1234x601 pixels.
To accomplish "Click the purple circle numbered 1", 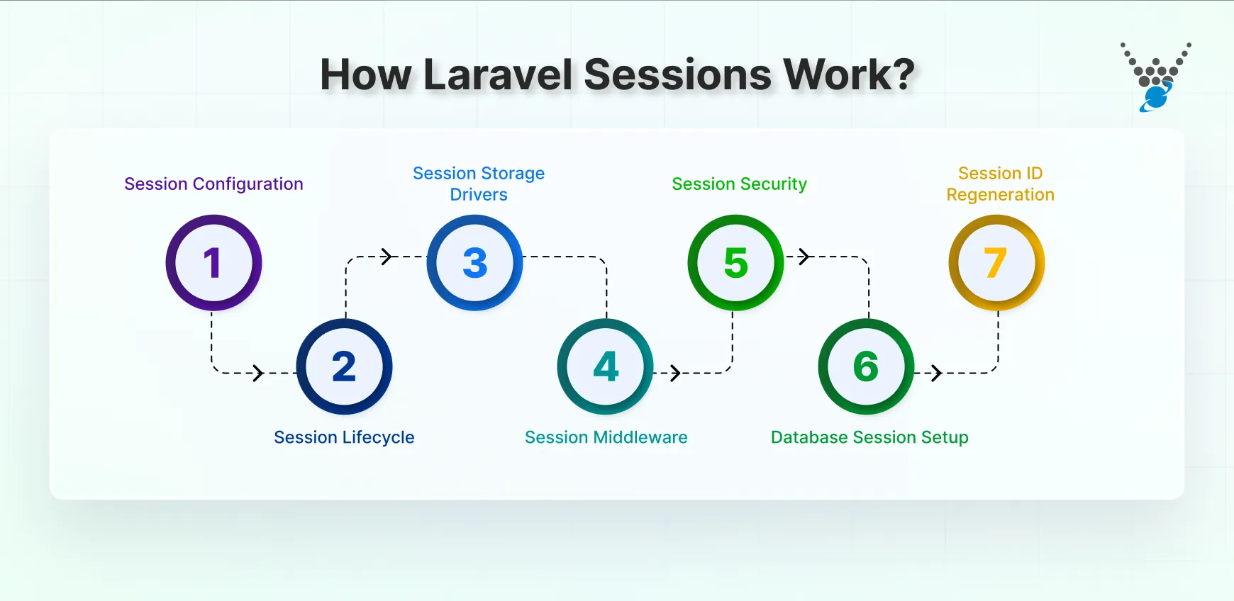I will [x=213, y=263].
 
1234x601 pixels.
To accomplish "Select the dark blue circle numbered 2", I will [x=344, y=366].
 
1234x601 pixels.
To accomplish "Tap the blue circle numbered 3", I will [x=474, y=263].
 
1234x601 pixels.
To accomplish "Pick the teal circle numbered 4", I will [x=605, y=366].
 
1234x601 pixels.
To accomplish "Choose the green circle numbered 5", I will [x=735, y=263].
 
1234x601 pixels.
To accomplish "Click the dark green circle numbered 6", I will [x=866, y=366].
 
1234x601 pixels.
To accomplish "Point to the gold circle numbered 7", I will [x=996, y=263].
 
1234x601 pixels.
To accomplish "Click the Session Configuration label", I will [x=213, y=184].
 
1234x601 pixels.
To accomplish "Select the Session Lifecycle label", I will [x=344, y=437].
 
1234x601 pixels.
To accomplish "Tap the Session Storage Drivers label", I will [x=479, y=184].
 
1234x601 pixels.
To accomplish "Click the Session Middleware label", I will [x=606, y=437].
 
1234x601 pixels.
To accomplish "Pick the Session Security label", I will [x=739, y=184].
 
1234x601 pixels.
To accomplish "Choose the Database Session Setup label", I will [x=869, y=437].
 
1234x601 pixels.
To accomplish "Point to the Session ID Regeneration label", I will [x=1000, y=184].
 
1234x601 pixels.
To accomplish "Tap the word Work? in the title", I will [x=848, y=74].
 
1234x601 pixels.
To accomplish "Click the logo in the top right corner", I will [x=1155, y=77].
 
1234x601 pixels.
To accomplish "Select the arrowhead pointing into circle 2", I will [x=259, y=373].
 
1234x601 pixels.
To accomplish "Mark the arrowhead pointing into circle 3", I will [x=387, y=257].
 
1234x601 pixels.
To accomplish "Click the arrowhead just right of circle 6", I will [x=937, y=373].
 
